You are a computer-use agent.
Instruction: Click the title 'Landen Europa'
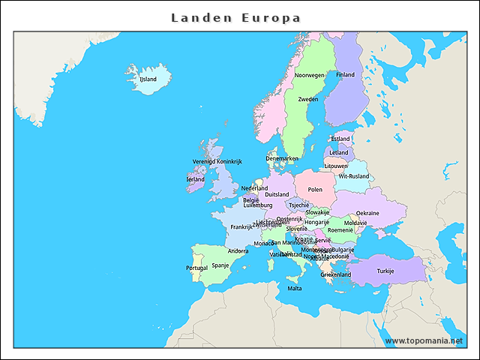[x=235, y=17]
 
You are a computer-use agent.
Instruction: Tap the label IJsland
[x=148, y=79]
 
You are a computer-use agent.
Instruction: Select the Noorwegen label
[x=309, y=75]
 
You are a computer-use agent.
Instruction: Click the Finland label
[x=345, y=75]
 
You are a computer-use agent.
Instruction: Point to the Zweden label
[x=307, y=99]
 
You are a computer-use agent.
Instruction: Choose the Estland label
[x=340, y=139]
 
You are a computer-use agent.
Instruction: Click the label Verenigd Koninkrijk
[x=217, y=161]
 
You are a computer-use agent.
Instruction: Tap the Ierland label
[x=195, y=179]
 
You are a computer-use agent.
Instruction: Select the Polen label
[x=315, y=190]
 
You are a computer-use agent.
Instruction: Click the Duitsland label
[x=277, y=194]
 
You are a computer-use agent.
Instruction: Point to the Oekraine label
[x=367, y=213]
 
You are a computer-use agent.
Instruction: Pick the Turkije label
[x=385, y=271]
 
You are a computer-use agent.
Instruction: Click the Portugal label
[x=196, y=268]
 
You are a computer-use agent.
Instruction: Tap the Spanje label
[x=220, y=265]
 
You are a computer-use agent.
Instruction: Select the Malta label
[x=295, y=288]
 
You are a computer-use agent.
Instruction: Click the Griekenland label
[x=336, y=274]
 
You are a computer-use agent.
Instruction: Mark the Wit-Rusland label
[x=354, y=176]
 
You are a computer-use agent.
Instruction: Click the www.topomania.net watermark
[x=424, y=340]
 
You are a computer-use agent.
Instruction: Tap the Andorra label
[x=238, y=251]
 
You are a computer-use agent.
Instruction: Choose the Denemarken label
[x=282, y=158]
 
